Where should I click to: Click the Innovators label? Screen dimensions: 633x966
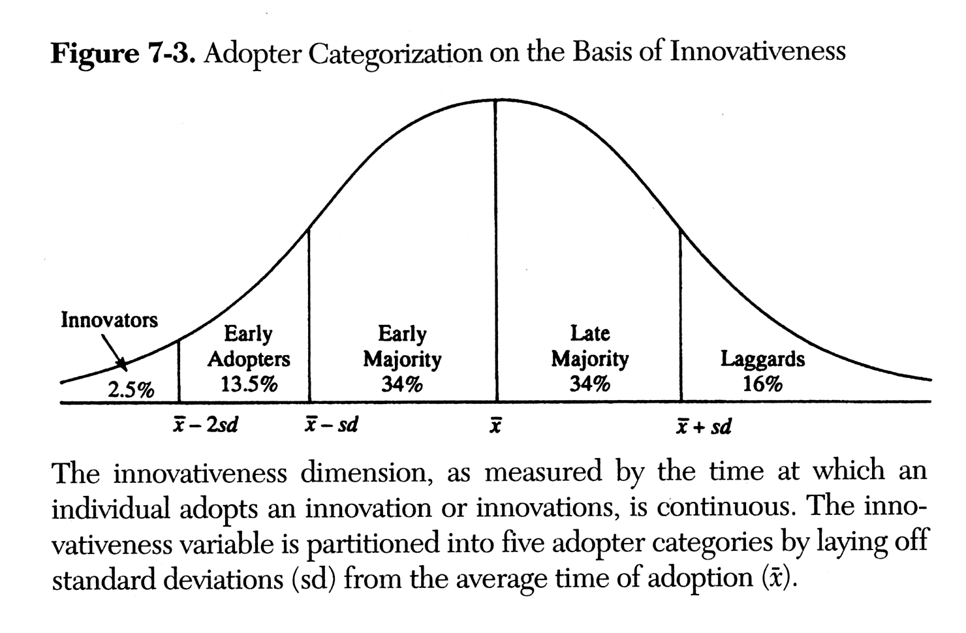click(x=109, y=320)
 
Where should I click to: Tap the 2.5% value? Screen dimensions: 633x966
click(x=131, y=390)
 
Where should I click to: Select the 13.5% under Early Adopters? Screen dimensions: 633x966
click(x=249, y=384)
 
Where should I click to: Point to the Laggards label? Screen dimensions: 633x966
click(x=762, y=359)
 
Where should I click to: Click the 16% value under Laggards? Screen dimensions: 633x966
click(x=762, y=384)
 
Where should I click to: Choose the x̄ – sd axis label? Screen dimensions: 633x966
click(x=332, y=425)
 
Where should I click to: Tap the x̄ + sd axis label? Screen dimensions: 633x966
click(x=704, y=427)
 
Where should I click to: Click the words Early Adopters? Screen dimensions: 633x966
click(x=249, y=347)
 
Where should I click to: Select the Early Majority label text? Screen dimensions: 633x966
click(x=402, y=347)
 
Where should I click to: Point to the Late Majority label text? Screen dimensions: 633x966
click(x=590, y=346)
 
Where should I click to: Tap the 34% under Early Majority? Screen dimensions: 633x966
click(x=402, y=384)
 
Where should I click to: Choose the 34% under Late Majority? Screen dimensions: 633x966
click(x=590, y=384)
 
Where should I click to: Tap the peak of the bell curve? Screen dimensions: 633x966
click(x=496, y=100)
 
